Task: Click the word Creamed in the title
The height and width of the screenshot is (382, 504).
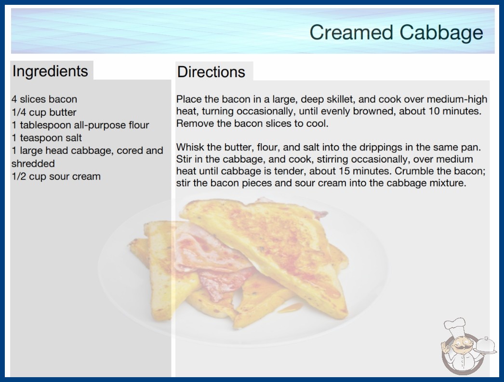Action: click(x=351, y=32)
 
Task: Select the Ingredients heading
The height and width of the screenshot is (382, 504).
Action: click(x=50, y=71)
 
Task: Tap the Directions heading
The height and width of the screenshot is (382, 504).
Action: click(x=211, y=72)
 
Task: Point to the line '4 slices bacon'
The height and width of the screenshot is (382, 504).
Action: click(x=44, y=99)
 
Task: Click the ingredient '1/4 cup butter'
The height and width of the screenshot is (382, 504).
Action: click(x=44, y=112)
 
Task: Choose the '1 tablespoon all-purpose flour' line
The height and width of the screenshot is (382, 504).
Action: click(x=80, y=125)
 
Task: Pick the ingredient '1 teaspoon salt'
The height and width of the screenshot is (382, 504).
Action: click(x=47, y=138)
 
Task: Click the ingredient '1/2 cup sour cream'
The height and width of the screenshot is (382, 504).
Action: click(x=56, y=177)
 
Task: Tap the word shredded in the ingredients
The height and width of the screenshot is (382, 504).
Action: click(x=33, y=164)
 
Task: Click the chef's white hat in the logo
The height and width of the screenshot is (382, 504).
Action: click(x=455, y=326)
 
